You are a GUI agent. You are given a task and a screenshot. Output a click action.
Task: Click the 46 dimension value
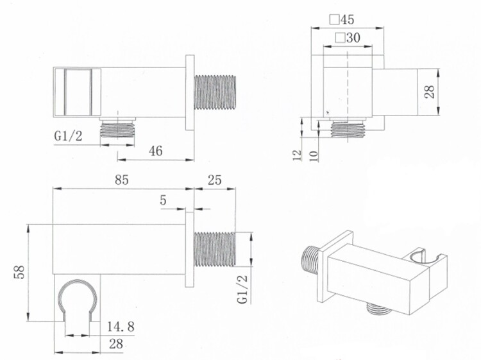coord(156,151)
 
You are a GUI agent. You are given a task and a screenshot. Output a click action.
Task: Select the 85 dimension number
coord(121,180)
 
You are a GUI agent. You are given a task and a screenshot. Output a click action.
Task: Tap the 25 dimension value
coord(214,180)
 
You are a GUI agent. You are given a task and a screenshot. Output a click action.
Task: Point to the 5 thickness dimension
coord(163,200)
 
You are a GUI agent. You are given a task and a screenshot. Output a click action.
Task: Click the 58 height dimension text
coord(19,272)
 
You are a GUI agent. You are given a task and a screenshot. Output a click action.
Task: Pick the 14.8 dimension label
coord(121,327)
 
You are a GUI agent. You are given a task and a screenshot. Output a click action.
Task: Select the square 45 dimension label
coord(342,20)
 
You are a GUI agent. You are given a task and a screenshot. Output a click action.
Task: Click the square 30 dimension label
coord(348,38)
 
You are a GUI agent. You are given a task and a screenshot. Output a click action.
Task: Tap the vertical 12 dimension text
coord(298,155)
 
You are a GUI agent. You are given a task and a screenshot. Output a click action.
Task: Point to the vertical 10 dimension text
coord(314,155)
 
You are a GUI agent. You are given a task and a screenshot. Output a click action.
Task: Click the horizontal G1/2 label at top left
coord(69,135)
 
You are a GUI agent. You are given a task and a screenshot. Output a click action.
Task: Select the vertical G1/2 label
coord(242,289)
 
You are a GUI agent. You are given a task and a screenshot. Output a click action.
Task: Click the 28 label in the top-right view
coord(430,92)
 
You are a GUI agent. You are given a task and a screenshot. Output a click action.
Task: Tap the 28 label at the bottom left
coord(116,344)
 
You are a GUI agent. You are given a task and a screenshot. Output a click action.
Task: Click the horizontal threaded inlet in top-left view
coord(214,92)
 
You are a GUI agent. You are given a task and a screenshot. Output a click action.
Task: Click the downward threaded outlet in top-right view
coord(348,129)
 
